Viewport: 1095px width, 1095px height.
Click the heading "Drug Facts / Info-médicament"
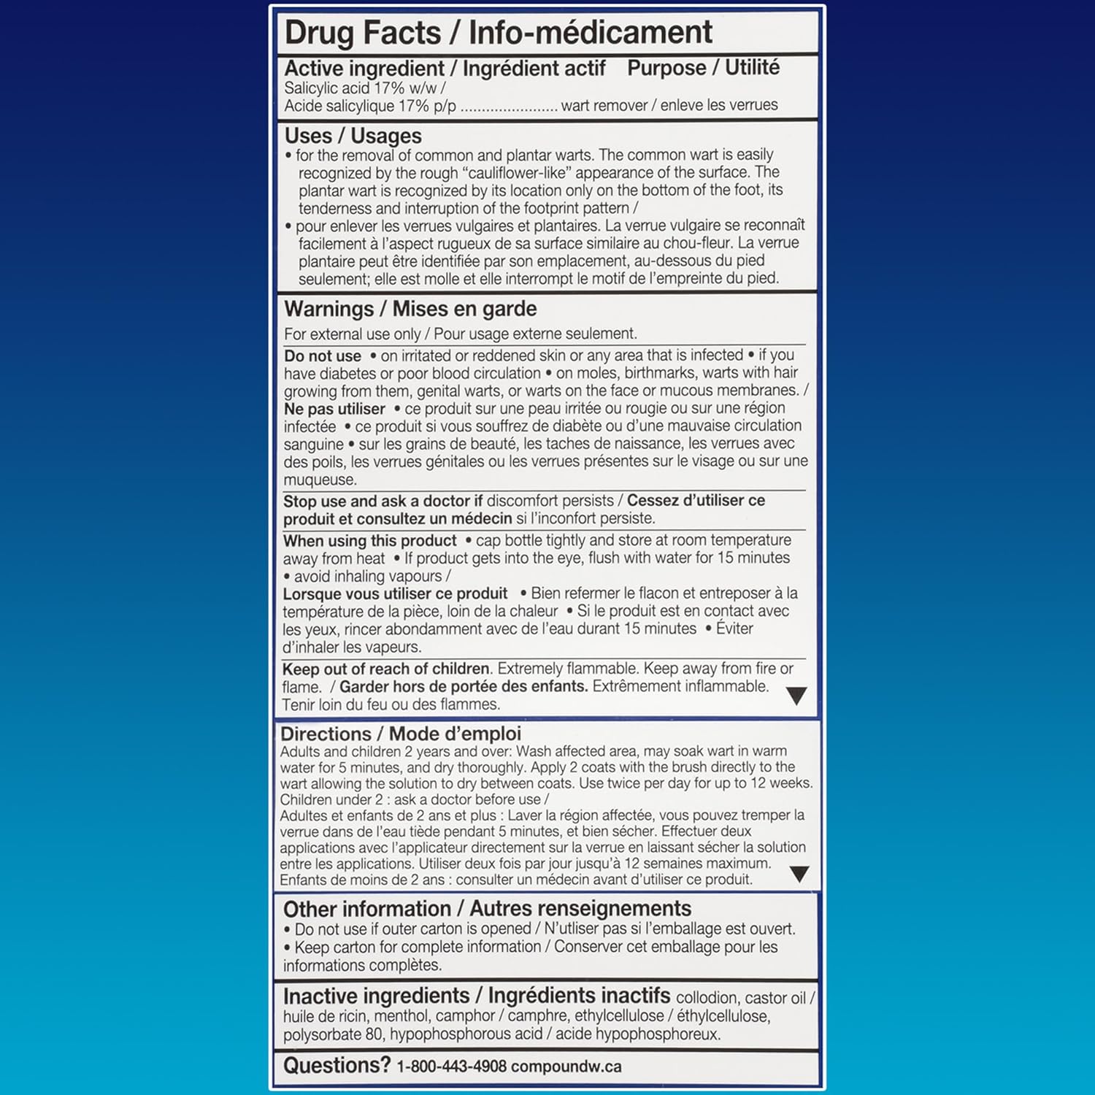click(498, 33)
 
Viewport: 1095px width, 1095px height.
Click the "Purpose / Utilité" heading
click(703, 68)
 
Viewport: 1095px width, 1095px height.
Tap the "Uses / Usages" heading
click(353, 136)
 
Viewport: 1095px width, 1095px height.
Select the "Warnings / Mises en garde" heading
click(410, 309)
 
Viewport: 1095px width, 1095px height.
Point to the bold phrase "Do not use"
click(323, 356)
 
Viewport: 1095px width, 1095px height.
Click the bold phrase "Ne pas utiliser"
click(334, 409)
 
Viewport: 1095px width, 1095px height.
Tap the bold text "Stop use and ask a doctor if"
click(383, 502)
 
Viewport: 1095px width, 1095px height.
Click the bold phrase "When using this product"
click(369, 541)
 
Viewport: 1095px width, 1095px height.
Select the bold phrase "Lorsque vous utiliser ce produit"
click(395, 593)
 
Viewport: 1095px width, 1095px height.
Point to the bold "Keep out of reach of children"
click(385, 669)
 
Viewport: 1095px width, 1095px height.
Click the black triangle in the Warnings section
click(796, 696)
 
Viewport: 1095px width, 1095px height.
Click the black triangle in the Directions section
click(799, 874)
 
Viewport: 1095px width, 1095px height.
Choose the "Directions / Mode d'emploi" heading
click(401, 734)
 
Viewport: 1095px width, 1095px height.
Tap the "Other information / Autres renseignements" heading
click(487, 909)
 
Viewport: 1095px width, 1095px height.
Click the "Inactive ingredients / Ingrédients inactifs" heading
click(476, 996)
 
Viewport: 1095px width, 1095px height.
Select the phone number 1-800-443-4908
click(451, 1067)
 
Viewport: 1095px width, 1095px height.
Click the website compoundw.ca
click(566, 1067)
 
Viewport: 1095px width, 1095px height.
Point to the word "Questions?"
click(337, 1066)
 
